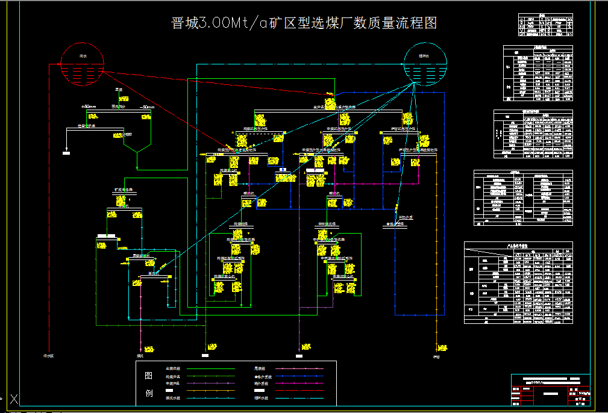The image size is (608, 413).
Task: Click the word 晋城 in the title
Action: click(184, 23)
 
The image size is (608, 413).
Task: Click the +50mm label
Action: click(88, 107)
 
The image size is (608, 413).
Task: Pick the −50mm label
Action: click(146, 107)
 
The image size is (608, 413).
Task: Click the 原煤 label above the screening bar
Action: click(119, 90)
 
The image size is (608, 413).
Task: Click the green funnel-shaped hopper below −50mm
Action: click(137, 144)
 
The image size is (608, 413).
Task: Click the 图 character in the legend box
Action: click(149, 376)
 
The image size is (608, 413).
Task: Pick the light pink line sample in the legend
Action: click(299, 368)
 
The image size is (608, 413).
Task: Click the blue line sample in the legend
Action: click(299, 376)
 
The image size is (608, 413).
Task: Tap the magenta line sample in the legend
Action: click(299, 383)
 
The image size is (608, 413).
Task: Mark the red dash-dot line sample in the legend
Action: click(299, 391)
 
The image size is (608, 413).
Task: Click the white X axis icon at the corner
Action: click(14, 399)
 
